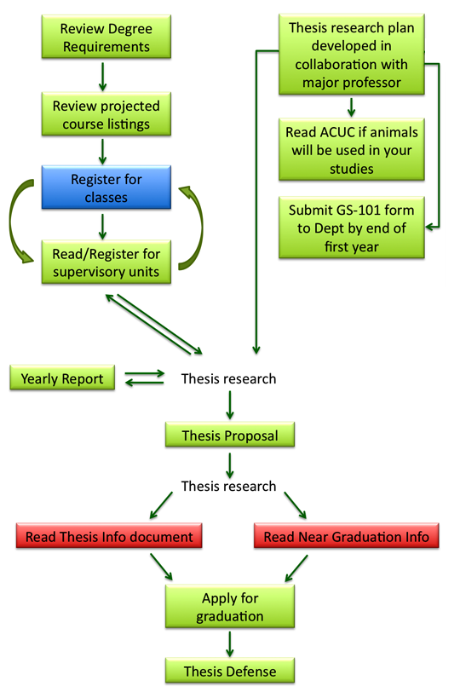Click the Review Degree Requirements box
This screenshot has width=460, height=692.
click(106, 37)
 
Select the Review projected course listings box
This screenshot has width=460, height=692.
click(106, 114)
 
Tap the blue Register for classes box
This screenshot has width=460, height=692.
click(106, 187)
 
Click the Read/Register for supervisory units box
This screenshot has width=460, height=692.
click(106, 262)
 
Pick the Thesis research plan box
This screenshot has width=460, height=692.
click(352, 55)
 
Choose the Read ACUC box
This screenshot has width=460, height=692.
click(352, 150)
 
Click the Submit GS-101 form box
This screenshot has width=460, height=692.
click(352, 228)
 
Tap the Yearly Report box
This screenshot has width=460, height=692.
click(62, 378)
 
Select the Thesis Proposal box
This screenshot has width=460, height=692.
click(230, 435)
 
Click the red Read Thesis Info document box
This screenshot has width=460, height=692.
click(109, 536)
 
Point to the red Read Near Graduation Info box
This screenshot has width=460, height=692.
click(346, 536)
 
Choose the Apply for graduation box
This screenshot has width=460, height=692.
click(230, 607)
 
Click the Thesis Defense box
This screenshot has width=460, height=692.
click(230, 671)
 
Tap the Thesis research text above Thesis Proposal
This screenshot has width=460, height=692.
click(228, 378)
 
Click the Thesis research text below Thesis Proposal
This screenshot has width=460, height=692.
click(228, 486)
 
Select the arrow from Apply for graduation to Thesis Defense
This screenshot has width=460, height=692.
click(230, 644)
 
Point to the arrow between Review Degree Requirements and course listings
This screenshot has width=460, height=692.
click(103, 77)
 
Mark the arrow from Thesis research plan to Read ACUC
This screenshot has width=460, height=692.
click(352, 107)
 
